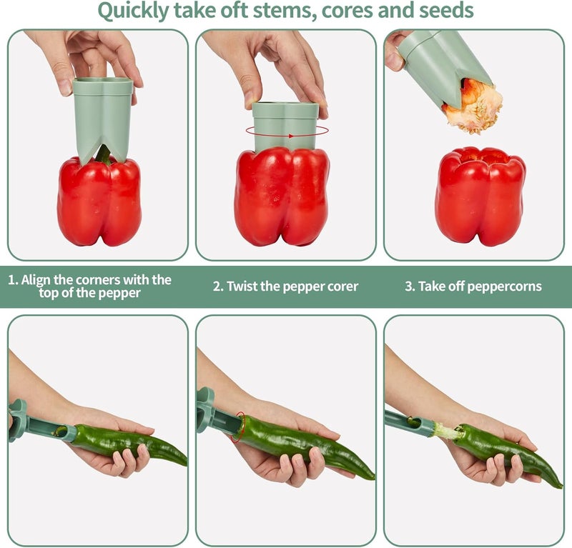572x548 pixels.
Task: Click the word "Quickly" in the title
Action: point(133,11)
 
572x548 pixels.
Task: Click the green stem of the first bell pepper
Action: point(104,154)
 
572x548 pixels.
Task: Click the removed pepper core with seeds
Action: point(473,106)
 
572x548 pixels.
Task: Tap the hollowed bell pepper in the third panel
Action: point(480,196)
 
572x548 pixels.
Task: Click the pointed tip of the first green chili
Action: point(186,464)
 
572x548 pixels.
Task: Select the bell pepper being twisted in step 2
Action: point(282,197)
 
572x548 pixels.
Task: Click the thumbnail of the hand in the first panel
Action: point(65,87)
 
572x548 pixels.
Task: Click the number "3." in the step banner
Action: point(410,287)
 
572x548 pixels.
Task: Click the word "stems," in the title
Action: point(285,11)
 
